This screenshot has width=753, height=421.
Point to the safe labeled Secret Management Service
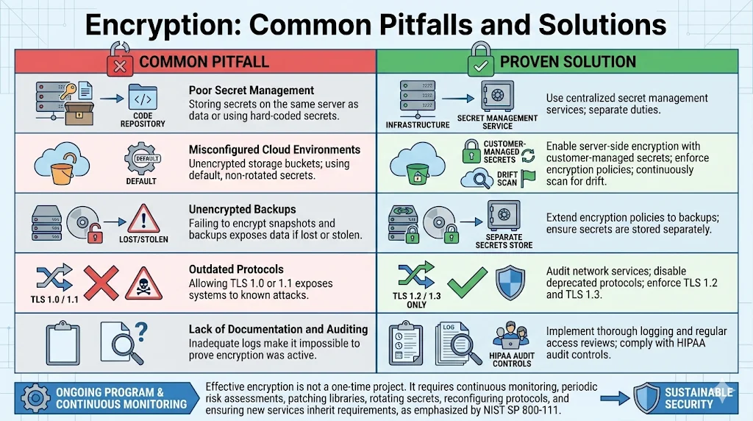pos(497,96)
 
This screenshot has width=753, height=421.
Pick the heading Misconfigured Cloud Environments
pos(274,149)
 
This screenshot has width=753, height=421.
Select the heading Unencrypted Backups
pos(242,210)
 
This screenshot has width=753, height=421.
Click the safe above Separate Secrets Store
pos(504,217)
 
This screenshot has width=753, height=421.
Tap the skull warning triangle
pos(143,283)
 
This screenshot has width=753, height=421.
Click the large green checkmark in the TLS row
pos(467,280)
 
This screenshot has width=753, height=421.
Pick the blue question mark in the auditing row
pos(140,330)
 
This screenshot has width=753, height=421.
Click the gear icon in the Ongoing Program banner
pos(35,397)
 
